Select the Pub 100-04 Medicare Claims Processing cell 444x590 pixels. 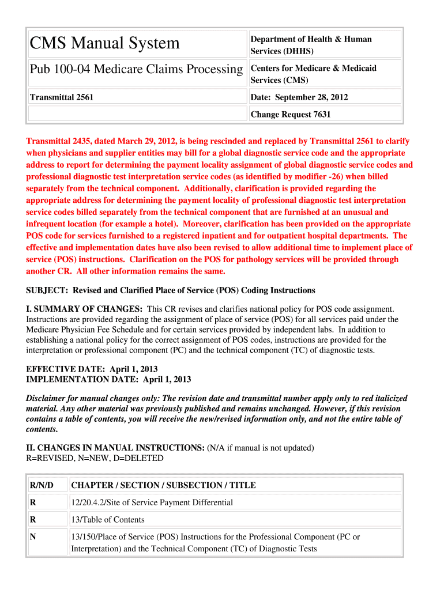(136, 69)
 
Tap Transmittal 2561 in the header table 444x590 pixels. (62, 97)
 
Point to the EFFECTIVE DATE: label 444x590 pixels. (63, 369)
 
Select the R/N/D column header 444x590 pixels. (42, 485)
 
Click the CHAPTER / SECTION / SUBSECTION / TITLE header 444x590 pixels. (163, 485)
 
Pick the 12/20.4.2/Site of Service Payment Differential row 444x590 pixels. (152, 502)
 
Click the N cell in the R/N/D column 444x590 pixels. (33, 536)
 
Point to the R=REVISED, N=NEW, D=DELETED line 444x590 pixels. (95, 458)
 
